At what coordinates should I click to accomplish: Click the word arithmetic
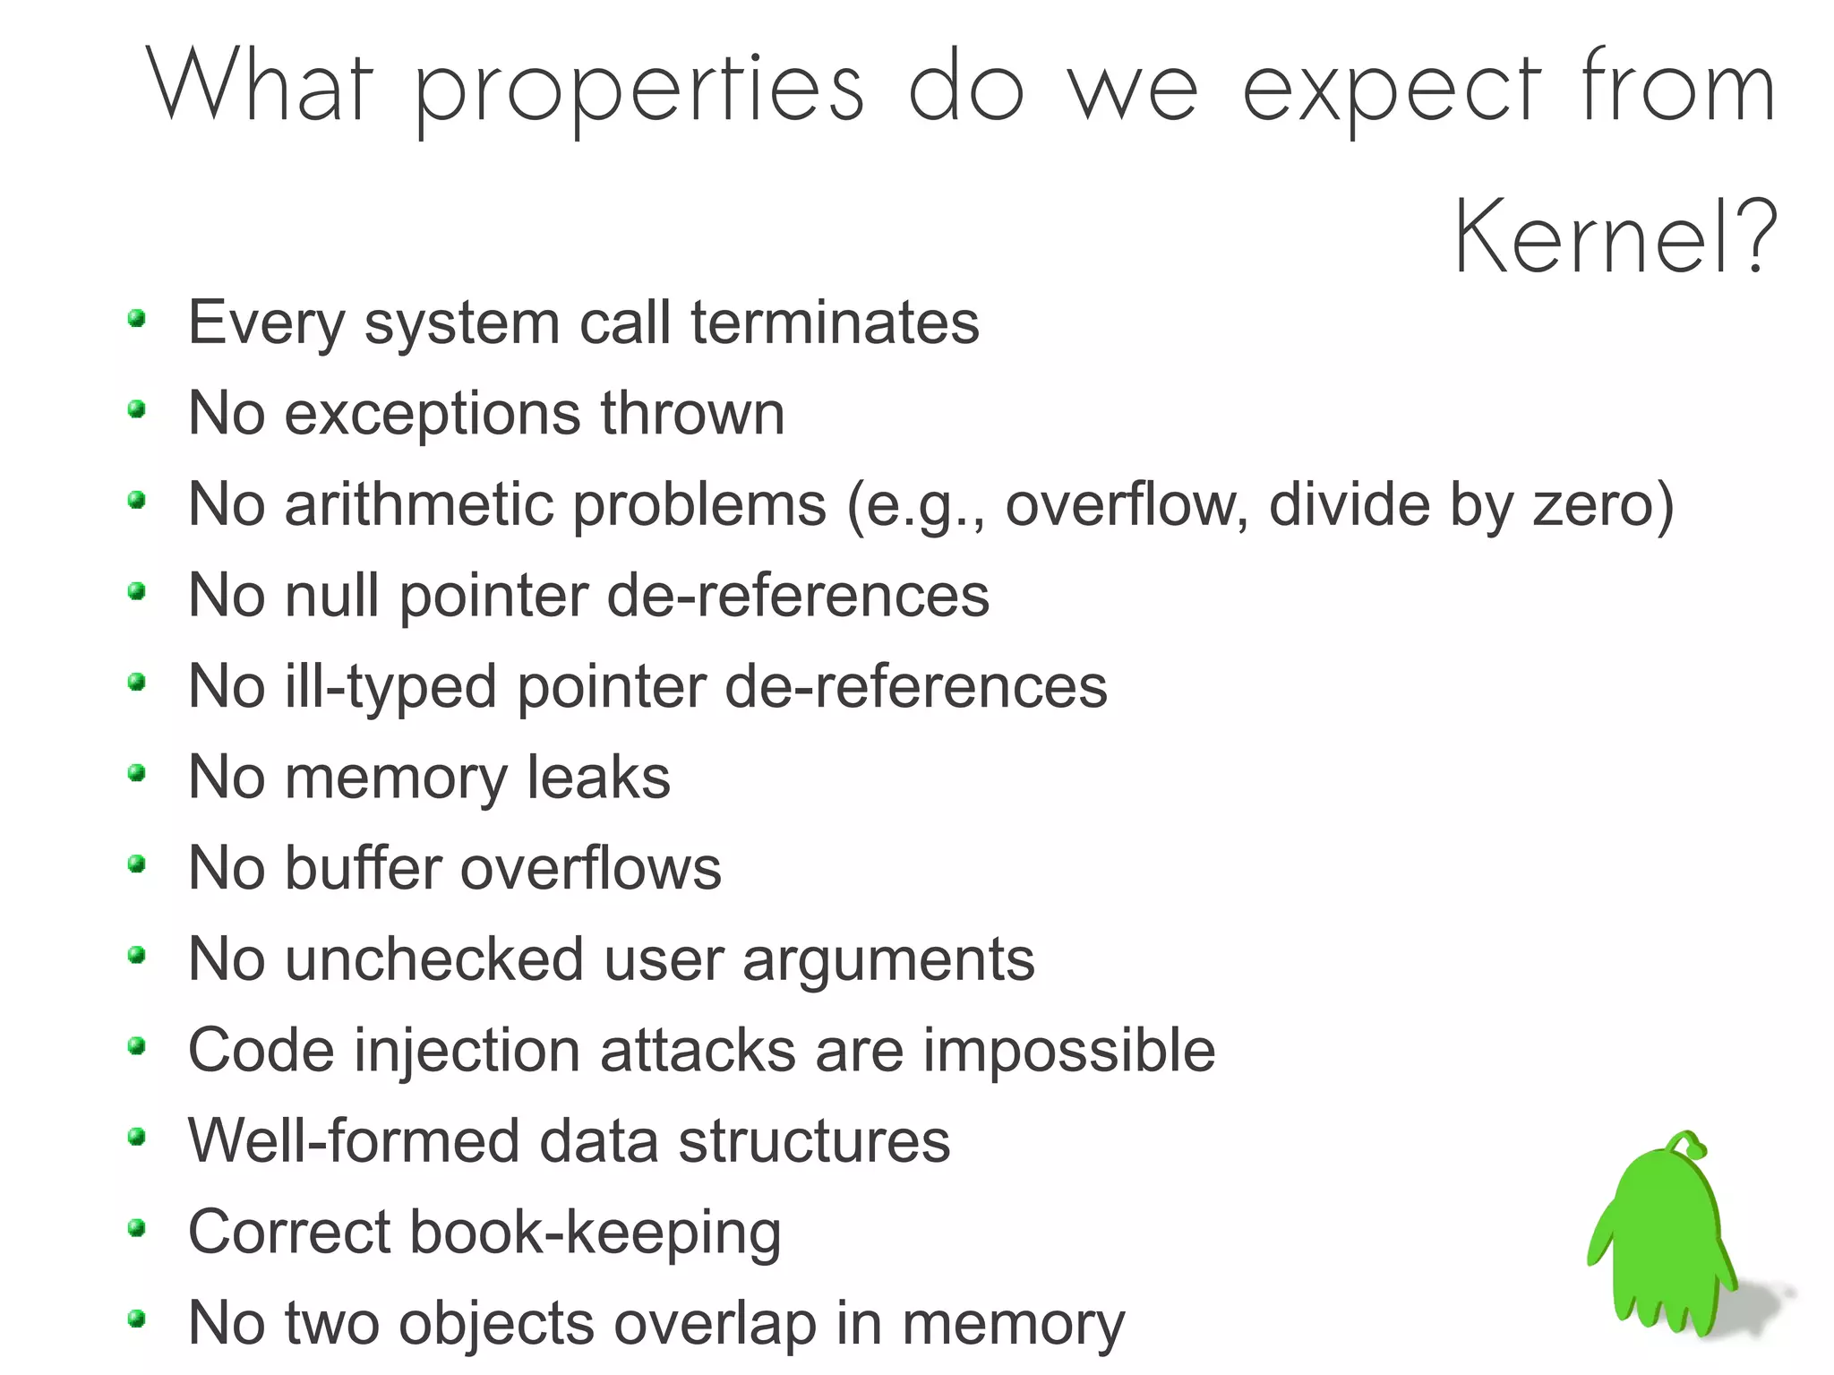pyautogui.click(x=419, y=504)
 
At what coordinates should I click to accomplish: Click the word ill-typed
pyautogui.click(x=390, y=688)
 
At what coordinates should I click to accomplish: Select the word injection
pyautogui.click(x=467, y=1052)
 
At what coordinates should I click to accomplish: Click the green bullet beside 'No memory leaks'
pyautogui.click(x=137, y=773)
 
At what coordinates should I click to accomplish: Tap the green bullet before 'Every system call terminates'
pyautogui.click(x=137, y=318)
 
